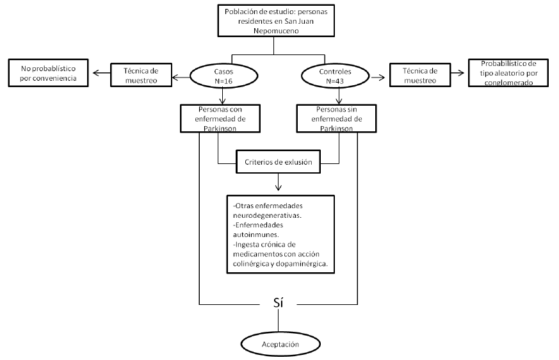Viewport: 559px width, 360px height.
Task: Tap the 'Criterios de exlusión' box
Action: (x=278, y=162)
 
